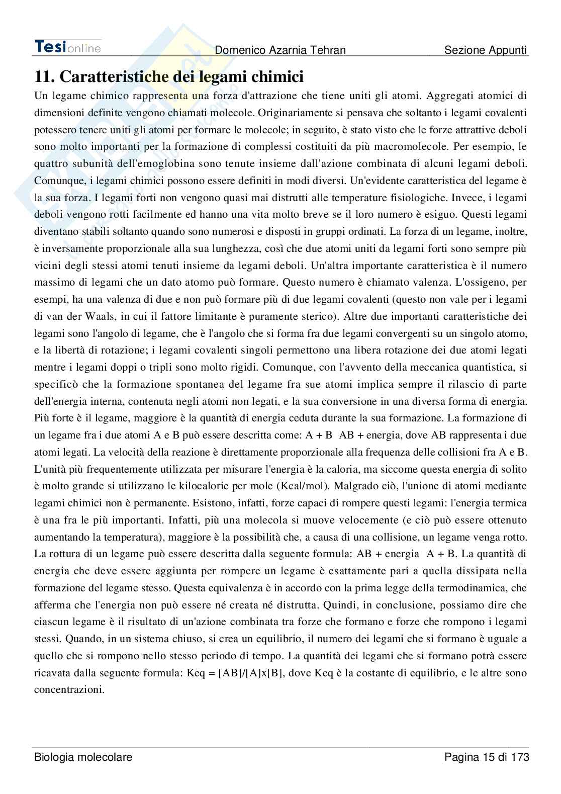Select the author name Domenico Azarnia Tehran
point(280,50)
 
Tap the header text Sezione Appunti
point(486,50)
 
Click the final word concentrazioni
point(69,690)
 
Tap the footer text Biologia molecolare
point(83,757)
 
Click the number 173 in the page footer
point(519,757)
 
